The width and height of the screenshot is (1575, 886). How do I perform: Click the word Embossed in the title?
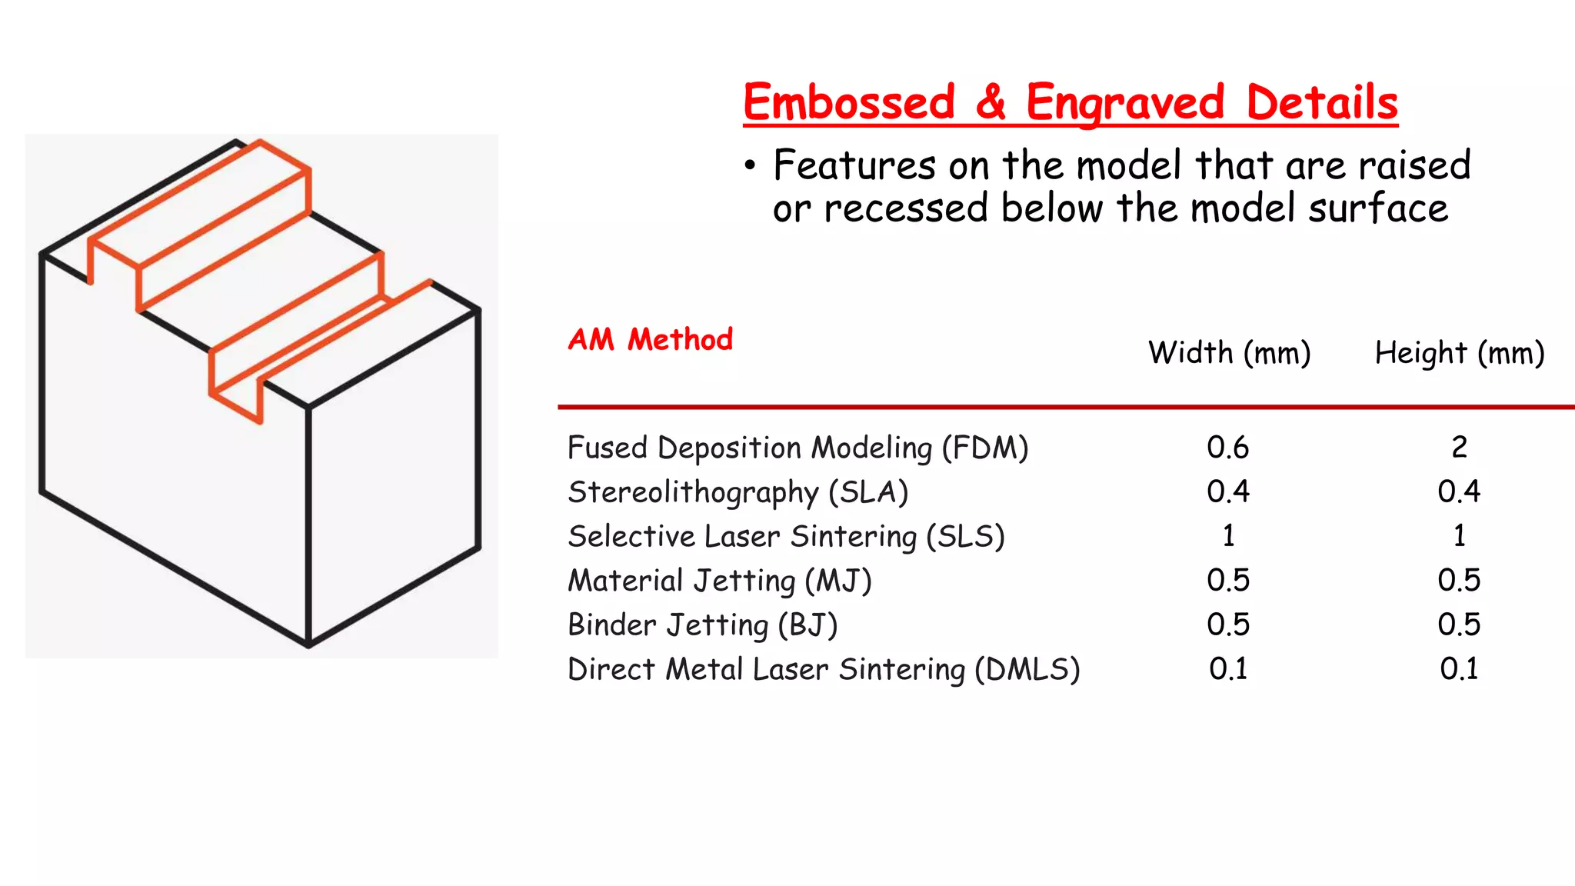point(848,102)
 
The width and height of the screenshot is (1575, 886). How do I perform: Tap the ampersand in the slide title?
point(991,102)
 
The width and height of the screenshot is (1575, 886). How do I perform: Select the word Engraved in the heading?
point(1124,104)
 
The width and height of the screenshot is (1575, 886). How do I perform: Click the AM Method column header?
point(650,339)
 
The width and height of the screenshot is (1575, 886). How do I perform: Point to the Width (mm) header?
point(1229,353)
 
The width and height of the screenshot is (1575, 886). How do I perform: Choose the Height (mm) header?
point(1459,353)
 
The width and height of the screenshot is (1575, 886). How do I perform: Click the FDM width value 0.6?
point(1227,448)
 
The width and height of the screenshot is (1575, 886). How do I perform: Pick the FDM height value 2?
point(1459,448)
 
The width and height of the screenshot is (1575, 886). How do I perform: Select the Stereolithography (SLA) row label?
point(738,492)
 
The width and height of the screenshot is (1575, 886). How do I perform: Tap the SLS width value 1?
point(1228,536)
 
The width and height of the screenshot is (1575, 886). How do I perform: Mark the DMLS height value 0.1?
point(1459,669)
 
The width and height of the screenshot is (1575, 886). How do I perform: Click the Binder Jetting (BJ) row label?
point(702,625)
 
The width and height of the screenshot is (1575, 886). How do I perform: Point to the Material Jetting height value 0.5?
point(1459,581)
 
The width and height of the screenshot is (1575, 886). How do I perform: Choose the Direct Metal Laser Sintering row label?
point(823,669)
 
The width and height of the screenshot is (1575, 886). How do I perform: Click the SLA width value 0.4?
point(1227,491)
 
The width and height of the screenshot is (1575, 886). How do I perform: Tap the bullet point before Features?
point(751,166)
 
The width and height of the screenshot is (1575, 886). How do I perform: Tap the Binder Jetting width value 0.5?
point(1227,625)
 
